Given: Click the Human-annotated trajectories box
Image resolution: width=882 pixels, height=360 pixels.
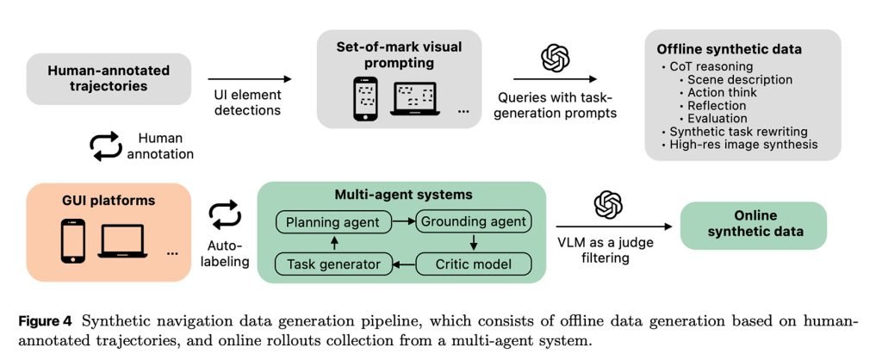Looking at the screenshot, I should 109,77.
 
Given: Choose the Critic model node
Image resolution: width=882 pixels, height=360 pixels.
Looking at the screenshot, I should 472,262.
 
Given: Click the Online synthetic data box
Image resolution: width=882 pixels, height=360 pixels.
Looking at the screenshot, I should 753,224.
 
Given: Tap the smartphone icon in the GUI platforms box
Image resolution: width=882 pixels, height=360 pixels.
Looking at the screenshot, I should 72,240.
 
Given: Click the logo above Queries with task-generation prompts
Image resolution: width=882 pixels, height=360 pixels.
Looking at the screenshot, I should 556,59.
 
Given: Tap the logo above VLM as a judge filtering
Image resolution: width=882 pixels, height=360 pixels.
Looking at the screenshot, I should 607,205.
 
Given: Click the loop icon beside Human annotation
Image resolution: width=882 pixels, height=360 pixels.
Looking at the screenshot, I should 106,146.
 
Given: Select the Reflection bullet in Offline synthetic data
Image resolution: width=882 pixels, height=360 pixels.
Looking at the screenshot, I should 717,105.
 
